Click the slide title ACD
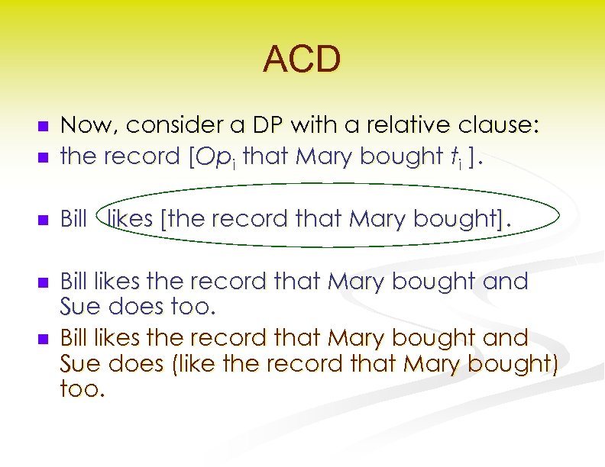302,60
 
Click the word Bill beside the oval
73,220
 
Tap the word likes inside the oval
131,220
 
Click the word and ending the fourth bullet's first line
506,282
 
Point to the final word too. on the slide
80,389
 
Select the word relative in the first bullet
390,125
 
